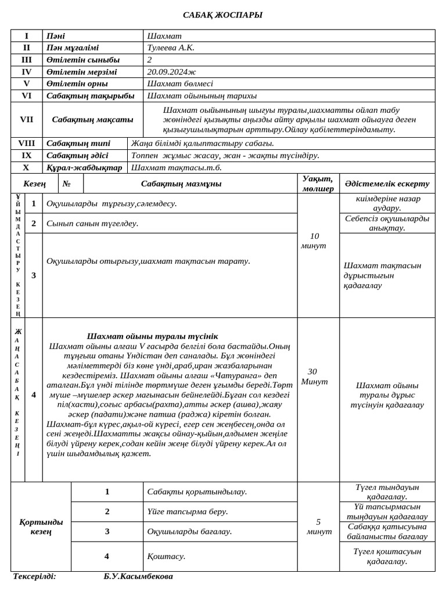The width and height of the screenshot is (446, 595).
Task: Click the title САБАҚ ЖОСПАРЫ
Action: click(223, 15)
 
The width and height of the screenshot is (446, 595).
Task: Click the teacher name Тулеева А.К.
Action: click(171, 48)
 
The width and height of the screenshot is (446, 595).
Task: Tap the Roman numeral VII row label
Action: click(27, 119)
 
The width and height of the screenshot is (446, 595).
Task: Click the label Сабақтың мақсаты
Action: click(92, 119)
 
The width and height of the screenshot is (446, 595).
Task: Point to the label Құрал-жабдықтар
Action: click(84, 167)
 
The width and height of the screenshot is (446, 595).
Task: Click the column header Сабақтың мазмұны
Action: click(181, 184)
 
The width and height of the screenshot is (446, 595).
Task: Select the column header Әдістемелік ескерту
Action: click(387, 184)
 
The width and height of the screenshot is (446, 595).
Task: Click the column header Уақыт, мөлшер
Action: click(318, 184)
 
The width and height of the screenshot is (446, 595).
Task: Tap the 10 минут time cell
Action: click(314, 241)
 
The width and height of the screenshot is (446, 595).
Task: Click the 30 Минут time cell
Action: click(314, 377)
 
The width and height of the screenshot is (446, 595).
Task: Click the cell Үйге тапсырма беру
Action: click(187, 511)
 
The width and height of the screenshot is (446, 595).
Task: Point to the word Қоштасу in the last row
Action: click(166, 556)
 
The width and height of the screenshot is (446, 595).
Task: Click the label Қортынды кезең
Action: click(41, 526)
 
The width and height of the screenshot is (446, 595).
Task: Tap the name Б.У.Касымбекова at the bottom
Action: click(138, 576)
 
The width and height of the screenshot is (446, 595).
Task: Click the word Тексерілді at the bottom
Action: click(34, 576)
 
